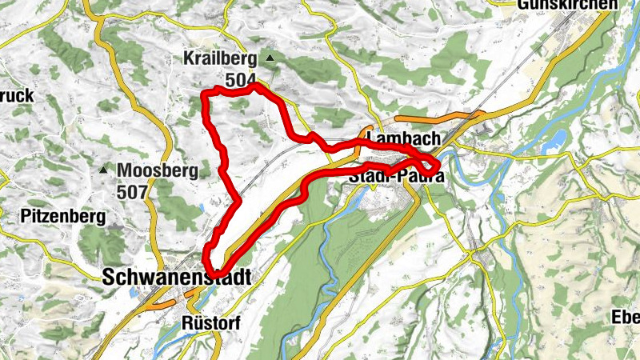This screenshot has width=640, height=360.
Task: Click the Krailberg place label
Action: [219, 59]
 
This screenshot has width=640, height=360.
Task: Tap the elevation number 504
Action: [240, 80]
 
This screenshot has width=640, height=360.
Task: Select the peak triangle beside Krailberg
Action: [270, 58]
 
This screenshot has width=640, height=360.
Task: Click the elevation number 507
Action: [131, 192]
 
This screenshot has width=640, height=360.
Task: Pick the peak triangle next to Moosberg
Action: [103, 170]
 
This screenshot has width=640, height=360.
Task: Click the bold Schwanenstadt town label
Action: [176, 277]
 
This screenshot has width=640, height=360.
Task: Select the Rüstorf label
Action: [205, 322]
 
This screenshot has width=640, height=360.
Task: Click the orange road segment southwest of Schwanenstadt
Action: [158, 303]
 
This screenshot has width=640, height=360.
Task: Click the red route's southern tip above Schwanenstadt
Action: [210, 268]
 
